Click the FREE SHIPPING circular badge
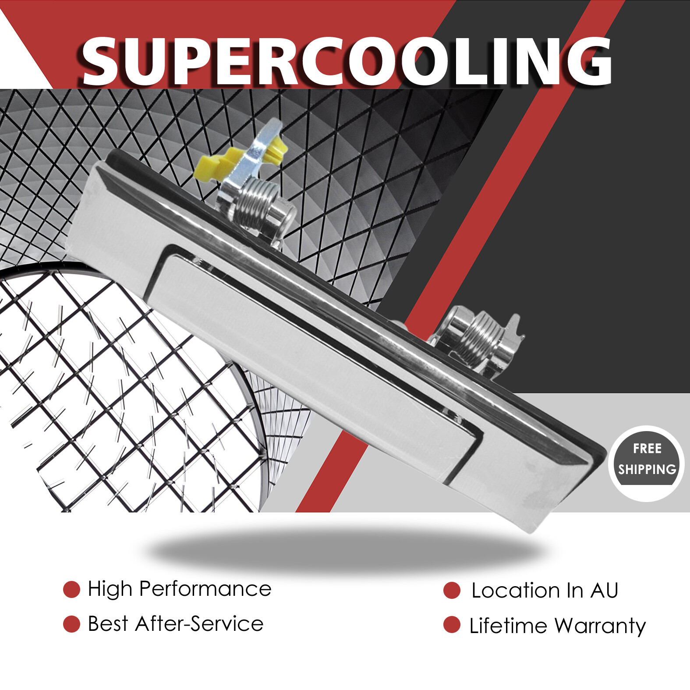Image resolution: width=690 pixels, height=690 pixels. (647, 464)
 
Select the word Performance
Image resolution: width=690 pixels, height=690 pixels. (205, 589)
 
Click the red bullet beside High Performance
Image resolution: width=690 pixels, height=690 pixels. (71, 589)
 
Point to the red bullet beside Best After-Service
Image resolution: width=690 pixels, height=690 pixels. (71, 624)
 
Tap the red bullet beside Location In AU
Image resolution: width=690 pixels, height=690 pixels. (452, 590)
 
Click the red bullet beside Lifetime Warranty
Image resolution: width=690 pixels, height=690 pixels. (452, 625)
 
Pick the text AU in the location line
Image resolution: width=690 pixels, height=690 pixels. (604, 591)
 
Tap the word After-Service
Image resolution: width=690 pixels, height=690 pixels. (199, 624)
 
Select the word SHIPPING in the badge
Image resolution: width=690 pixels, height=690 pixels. (647, 470)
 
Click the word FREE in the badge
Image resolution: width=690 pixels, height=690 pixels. (647, 449)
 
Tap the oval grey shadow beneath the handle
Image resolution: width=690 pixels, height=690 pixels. (346, 550)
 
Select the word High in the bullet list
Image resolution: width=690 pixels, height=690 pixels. (110, 589)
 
